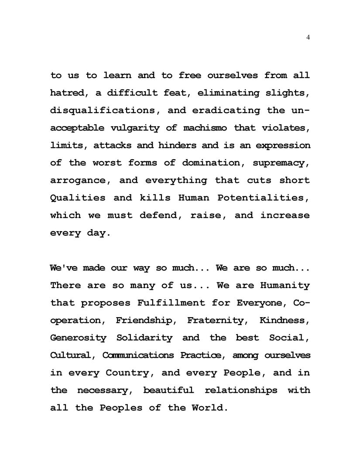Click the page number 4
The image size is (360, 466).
(x=308, y=38)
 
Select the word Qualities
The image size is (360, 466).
(x=78, y=198)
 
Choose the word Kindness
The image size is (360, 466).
(x=285, y=321)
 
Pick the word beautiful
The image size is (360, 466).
(x=168, y=391)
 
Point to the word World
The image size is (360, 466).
(x=210, y=408)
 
